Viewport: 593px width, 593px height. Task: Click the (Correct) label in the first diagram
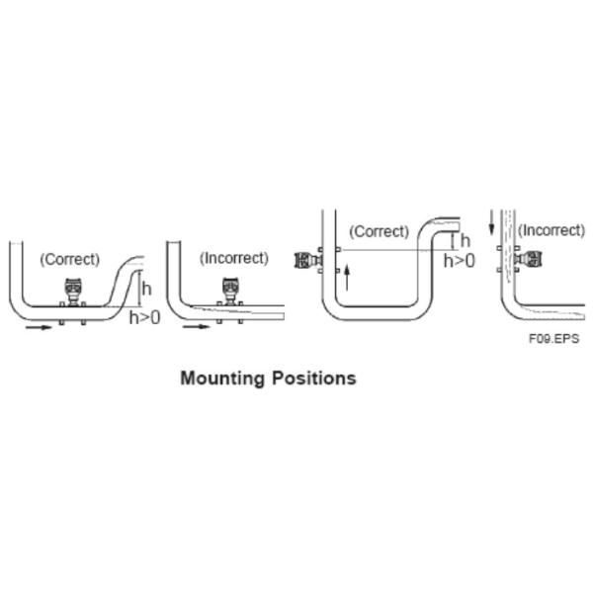(x=70, y=259)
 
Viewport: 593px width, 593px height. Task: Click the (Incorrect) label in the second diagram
(x=234, y=258)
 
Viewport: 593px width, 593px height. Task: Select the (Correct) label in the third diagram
(x=379, y=231)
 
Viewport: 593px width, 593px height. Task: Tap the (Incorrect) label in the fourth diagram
(x=551, y=230)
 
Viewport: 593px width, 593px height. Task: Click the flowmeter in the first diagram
(x=73, y=292)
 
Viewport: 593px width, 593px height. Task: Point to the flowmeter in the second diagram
(x=230, y=291)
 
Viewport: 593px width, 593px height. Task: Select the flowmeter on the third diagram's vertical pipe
(x=307, y=260)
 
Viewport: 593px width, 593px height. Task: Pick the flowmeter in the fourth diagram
(x=529, y=259)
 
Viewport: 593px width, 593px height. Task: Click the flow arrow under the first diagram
(x=39, y=327)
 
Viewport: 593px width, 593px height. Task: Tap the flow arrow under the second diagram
(x=196, y=326)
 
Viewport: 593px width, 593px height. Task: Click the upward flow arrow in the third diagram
(x=347, y=278)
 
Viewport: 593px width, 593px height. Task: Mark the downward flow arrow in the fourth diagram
(x=491, y=222)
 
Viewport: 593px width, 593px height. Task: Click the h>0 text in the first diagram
(x=145, y=317)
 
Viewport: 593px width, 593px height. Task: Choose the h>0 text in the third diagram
(x=460, y=261)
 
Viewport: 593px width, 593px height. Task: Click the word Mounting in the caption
(x=222, y=379)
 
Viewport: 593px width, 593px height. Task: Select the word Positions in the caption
(x=314, y=378)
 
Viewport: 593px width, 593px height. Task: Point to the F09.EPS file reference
(x=553, y=338)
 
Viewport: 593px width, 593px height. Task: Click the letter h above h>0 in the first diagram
(x=146, y=289)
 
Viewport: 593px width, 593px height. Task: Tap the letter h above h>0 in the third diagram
(x=466, y=240)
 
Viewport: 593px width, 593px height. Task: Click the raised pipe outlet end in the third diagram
(x=460, y=224)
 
